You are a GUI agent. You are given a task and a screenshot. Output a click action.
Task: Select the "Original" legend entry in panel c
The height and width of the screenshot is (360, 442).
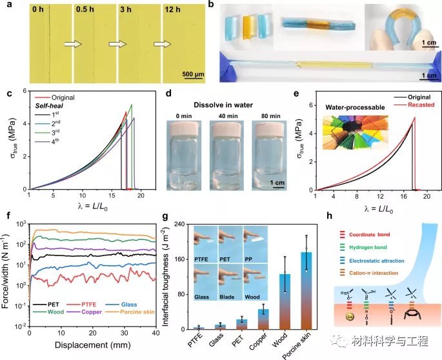(x=62, y=97)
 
